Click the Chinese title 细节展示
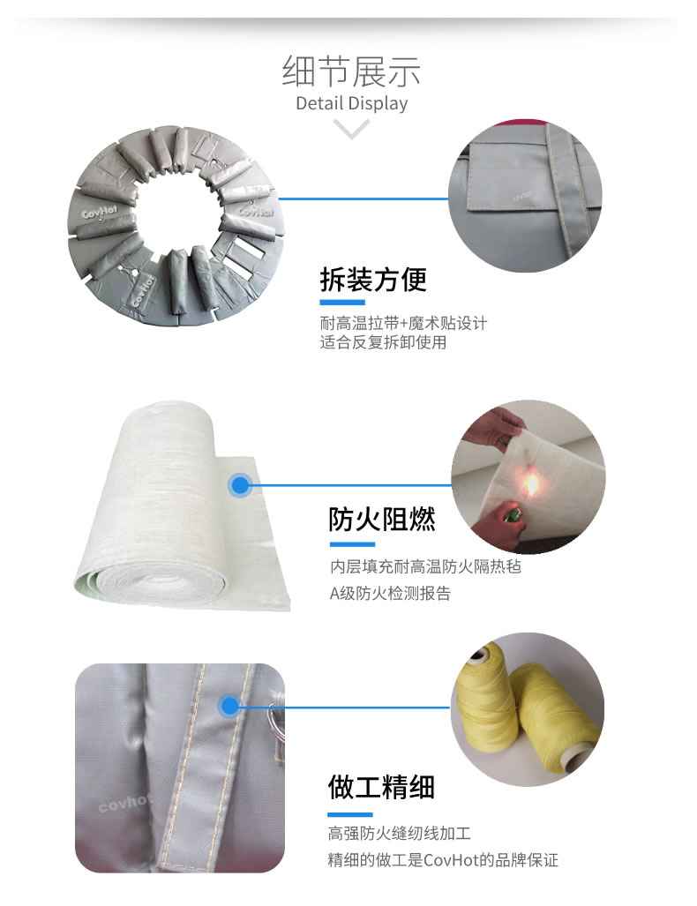click(x=351, y=71)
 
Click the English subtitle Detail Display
click(x=351, y=103)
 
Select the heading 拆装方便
click(x=373, y=280)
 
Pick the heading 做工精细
click(x=381, y=786)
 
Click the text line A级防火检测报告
click(x=390, y=594)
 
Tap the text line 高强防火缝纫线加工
click(x=400, y=833)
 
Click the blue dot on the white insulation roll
click(x=239, y=484)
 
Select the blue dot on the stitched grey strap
click(x=230, y=706)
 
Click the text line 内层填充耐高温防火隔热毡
click(x=425, y=566)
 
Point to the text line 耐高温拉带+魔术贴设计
click(x=403, y=323)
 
